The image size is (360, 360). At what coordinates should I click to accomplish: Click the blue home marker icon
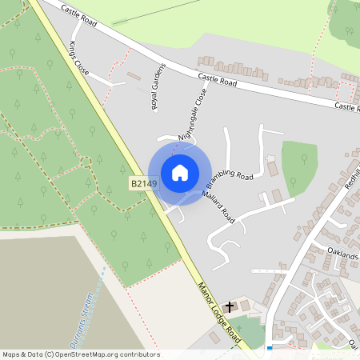point(180,173)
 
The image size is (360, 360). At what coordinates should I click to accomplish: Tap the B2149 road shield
point(143,184)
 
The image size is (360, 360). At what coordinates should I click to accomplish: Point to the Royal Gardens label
point(158,86)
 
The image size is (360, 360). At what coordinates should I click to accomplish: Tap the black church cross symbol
point(230,306)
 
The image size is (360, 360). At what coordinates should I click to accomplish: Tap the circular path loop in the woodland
point(86,162)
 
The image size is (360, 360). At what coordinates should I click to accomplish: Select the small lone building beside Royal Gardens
point(134,76)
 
